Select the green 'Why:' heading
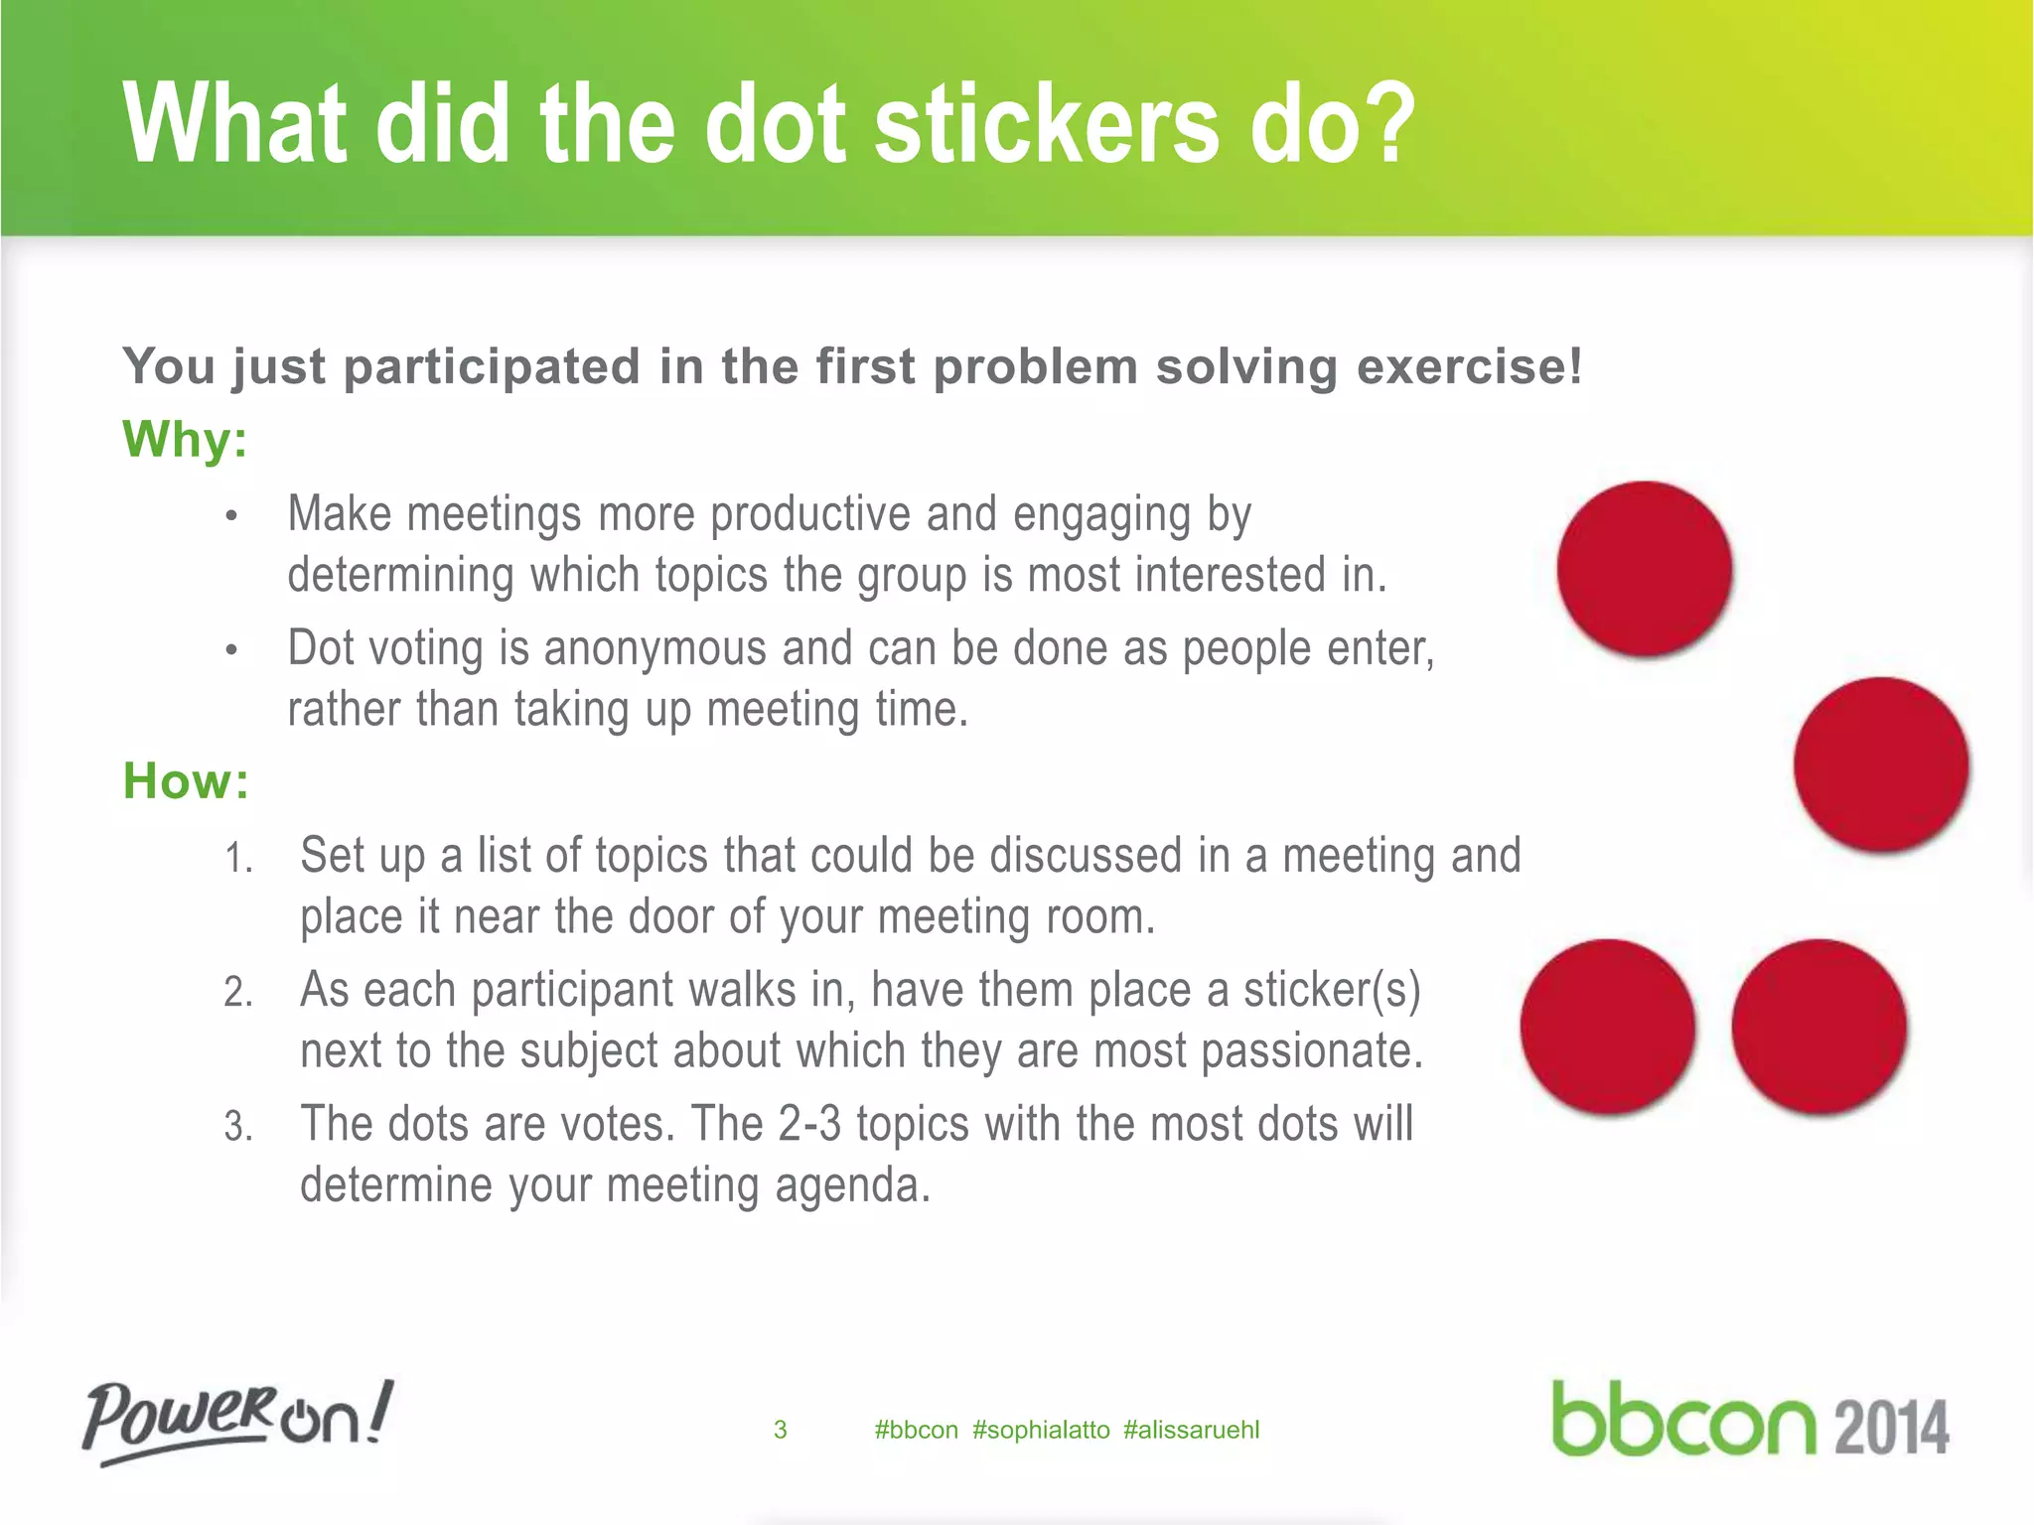tap(185, 439)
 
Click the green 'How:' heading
tap(186, 780)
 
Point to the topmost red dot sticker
tap(1645, 569)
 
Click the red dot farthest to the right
tap(1881, 764)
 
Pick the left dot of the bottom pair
tap(1608, 1027)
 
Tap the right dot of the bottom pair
tap(1819, 1027)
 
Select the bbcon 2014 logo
tap(1750, 1420)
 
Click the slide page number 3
tap(781, 1430)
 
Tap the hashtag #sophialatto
tap(1041, 1430)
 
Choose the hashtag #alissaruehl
tap(1191, 1430)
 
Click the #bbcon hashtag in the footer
tap(916, 1430)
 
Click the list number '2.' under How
tap(238, 992)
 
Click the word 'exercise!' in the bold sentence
tap(1469, 366)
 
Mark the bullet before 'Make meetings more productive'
tap(231, 516)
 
